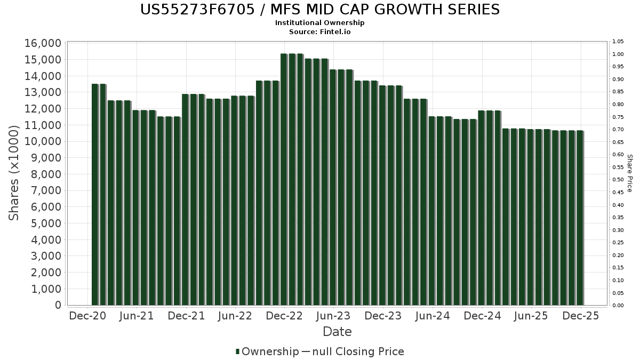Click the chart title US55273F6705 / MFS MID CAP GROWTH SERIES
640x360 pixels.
(x=320, y=10)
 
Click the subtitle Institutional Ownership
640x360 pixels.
(x=320, y=23)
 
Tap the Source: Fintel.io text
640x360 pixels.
(x=320, y=31)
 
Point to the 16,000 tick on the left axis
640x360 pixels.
(x=43, y=43)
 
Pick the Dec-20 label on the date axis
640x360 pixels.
(x=87, y=316)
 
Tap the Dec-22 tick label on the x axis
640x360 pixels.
(x=284, y=316)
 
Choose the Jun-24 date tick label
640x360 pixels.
(x=433, y=316)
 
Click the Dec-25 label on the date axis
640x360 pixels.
(x=580, y=316)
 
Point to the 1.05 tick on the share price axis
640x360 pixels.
(x=618, y=42)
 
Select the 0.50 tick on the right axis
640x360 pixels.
(x=618, y=180)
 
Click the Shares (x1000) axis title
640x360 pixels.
(x=14, y=173)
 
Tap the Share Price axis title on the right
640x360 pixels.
(x=629, y=173)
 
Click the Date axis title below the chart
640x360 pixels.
(x=337, y=332)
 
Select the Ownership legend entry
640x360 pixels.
(x=270, y=351)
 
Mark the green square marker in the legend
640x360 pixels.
(x=238, y=351)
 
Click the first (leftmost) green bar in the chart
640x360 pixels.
(x=95, y=195)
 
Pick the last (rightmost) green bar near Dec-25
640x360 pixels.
(x=579, y=218)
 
